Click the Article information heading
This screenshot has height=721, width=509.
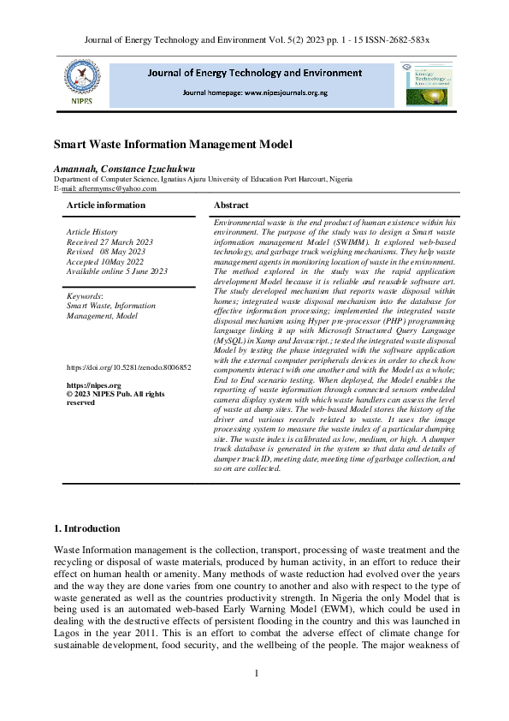pyautogui.click(x=106, y=206)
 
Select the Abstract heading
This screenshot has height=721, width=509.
pyautogui.click(x=231, y=206)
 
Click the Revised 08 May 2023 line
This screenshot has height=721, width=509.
pyautogui.click(x=100, y=251)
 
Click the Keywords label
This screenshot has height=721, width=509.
pyautogui.click(x=85, y=295)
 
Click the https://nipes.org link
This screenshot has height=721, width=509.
pyautogui.click(x=88, y=385)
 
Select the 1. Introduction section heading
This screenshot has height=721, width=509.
pyautogui.click(x=87, y=528)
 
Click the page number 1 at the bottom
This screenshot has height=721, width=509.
pyautogui.click(x=256, y=674)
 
